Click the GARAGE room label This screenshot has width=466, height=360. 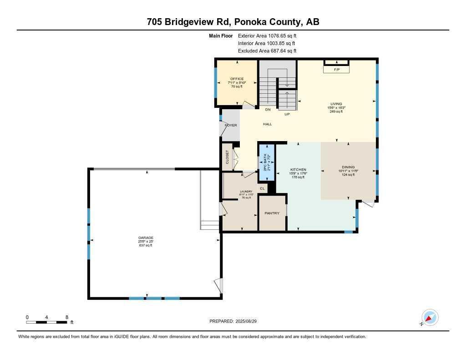point(146,238)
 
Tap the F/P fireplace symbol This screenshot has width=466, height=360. point(337,70)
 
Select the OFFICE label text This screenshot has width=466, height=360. point(237,79)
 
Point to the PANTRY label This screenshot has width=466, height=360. point(272,213)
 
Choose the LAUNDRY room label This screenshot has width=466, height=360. point(246,191)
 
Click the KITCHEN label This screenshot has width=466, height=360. point(299,170)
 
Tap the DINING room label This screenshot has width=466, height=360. point(348,167)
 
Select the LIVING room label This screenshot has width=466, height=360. point(336,104)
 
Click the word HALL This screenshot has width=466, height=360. point(267,124)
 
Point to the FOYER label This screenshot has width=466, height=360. point(231,125)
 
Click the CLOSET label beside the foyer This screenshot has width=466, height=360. point(228,157)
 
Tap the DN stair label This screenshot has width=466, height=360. point(268,110)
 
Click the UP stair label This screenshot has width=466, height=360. point(287,114)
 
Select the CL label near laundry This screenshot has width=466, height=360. point(262,188)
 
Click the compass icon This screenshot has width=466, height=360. point(430,317)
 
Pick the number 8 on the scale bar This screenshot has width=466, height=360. point(67,317)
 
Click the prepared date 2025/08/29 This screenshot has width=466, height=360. point(249,321)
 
